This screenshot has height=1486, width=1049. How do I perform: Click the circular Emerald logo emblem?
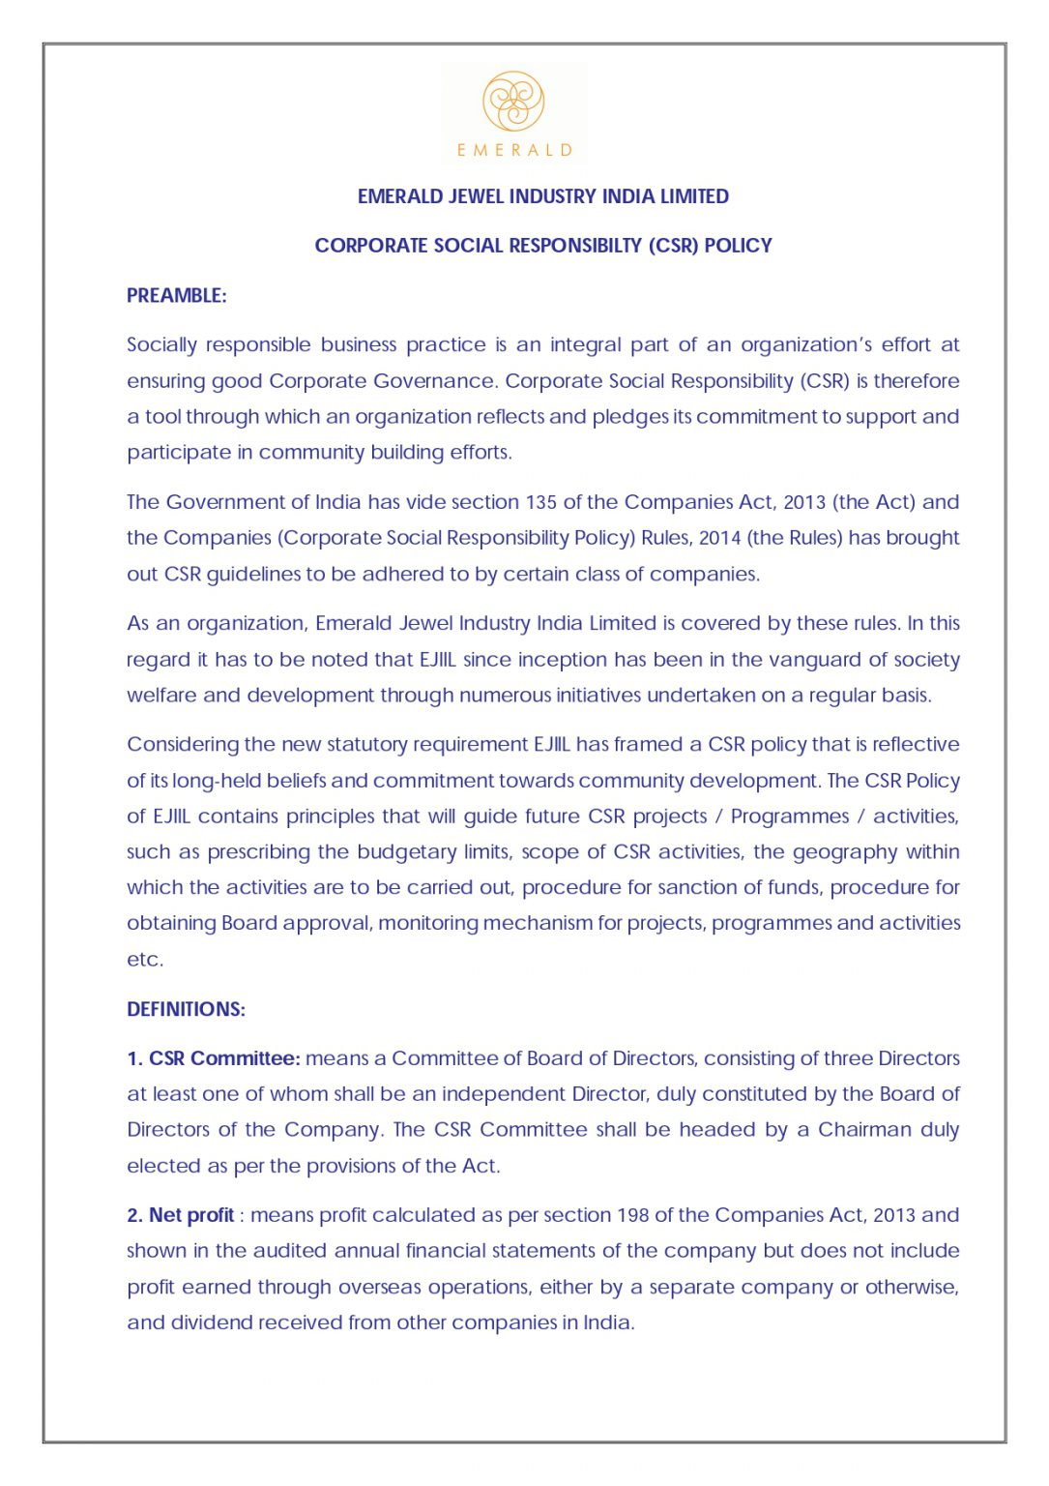[x=513, y=101]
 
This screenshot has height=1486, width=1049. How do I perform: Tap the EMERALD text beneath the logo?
[x=514, y=150]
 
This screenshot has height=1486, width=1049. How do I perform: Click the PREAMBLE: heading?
[x=176, y=296]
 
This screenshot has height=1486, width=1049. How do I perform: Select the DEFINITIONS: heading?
[x=186, y=1009]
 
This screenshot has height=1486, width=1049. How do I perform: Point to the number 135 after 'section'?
[x=540, y=502]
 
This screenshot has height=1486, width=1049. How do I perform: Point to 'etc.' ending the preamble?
[x=145, y=960]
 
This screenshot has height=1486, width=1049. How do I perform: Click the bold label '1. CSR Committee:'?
[x=214, y=1058]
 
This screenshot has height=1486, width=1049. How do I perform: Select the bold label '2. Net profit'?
[x=181, y=1215]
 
